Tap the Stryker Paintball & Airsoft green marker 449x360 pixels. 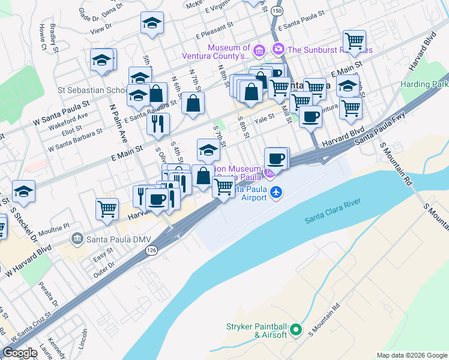pyautogui.click(x=295, y=329)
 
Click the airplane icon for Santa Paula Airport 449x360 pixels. pyautogui.click(x=276, y=192)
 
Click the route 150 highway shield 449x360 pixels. pyautogui.click(x=276, y=11)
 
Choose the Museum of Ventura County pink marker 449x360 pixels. pyautogui.click(x=259, y=49)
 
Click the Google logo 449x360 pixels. pyautogui.click(x=20, y=352)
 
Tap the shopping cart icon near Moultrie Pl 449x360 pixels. pyautogui.click(x=107, y=208)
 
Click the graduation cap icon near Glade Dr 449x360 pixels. pyautogui.click(x=152, y=23)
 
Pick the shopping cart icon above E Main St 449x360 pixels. pyautogui.click(x=354, y=40)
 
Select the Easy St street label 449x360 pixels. pyautogui.click(x=103, y=259)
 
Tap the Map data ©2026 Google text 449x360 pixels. pyautogui.click(x=412, y=355)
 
